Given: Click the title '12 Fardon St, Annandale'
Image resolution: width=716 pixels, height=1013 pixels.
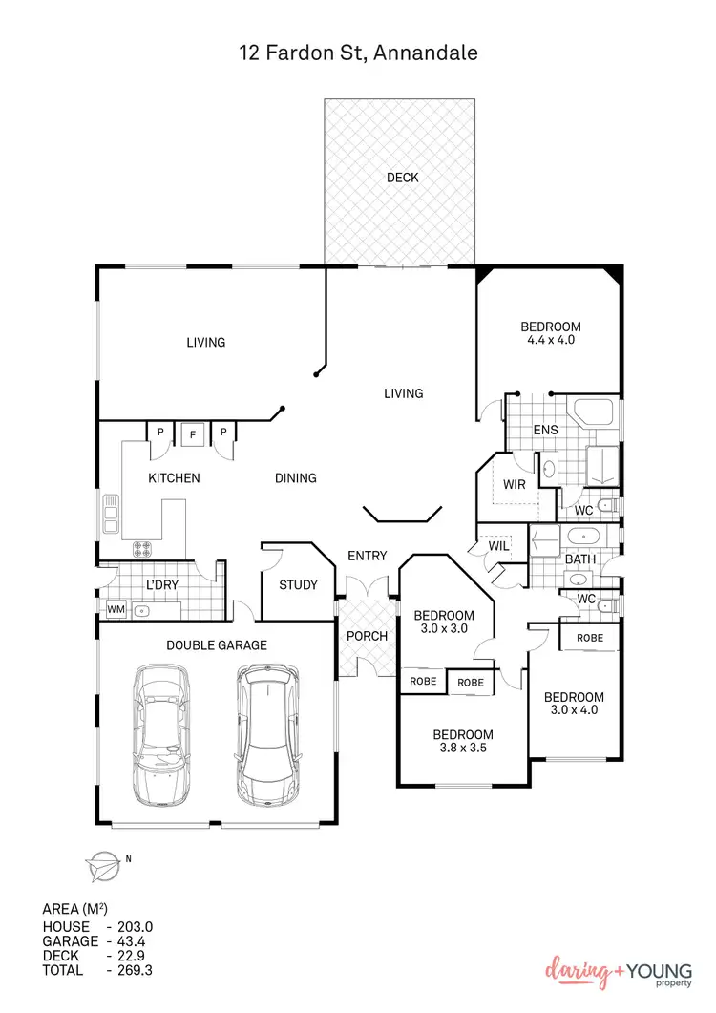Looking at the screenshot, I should (x=358, y=53).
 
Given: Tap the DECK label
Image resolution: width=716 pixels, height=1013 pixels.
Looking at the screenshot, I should (x=402, y=178).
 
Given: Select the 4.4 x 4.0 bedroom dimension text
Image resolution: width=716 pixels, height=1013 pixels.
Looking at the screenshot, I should (x=550, y=340).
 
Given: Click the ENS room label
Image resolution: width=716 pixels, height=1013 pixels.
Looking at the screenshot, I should (x=545, y=430).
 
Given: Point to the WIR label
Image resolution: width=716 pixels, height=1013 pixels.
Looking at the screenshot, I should (x=515, y=484).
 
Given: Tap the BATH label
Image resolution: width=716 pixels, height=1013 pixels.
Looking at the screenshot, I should (x=580, y=558).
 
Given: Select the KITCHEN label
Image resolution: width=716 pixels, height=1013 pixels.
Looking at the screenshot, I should (x=174, y=477).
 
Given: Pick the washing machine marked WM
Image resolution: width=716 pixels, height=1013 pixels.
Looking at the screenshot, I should (x=116, y=608).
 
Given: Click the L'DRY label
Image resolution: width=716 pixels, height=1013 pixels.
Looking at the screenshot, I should (x=162, y=584).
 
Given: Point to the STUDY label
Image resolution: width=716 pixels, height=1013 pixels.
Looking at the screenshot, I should (x=297, y=585).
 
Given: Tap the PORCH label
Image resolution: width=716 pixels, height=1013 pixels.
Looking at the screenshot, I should (x=367, y=636).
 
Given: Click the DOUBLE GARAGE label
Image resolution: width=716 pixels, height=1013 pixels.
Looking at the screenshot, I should (x=217, y=645).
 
